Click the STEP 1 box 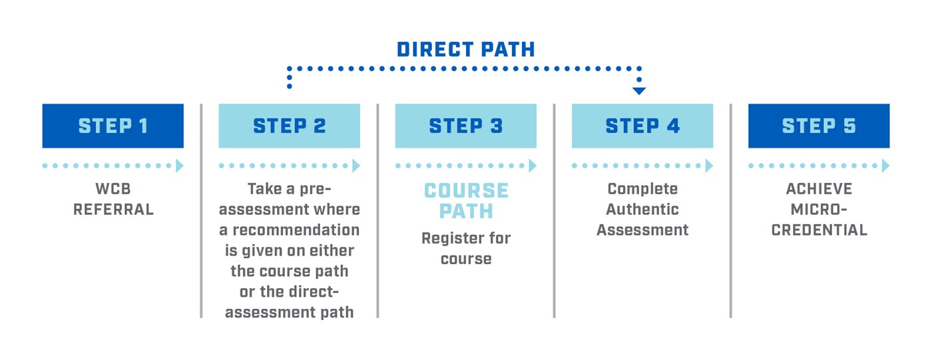tap(113, 126)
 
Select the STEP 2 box tap(289, 126)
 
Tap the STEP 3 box tap(465, 126)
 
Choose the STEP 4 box tap(642, 126)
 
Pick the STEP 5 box tap(818, 126)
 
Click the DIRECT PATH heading tap(465, 49)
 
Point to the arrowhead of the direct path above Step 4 tap(639, 90)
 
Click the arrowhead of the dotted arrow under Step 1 tap(180, 166)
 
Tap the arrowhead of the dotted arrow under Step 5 tap(885, 166)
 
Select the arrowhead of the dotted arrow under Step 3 tap(533, 166)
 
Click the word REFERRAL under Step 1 tap(113, 210)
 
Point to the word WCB tap(113, 189)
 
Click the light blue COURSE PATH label tap(466, 201)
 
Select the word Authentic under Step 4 tap(642, 210)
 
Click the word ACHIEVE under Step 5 tap(819, 189)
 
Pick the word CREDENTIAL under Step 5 tap(819, 230)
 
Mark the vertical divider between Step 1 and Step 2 tap(201, 210)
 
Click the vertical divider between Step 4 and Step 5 tap(730, 210)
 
